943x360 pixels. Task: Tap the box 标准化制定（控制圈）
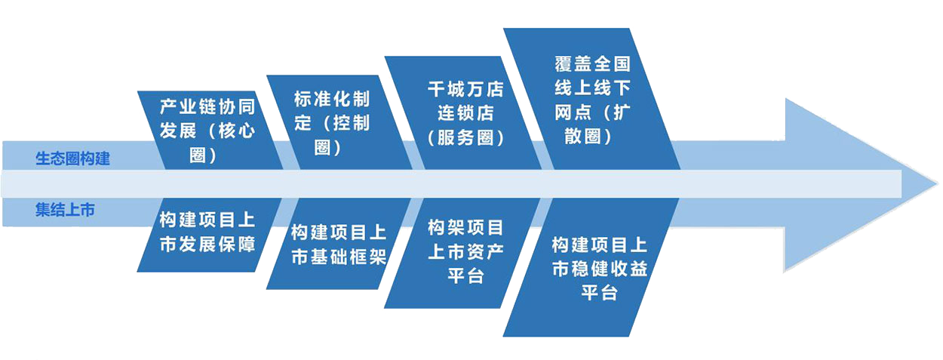333,123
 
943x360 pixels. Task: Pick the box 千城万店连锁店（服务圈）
465,113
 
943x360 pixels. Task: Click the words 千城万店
465,89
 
